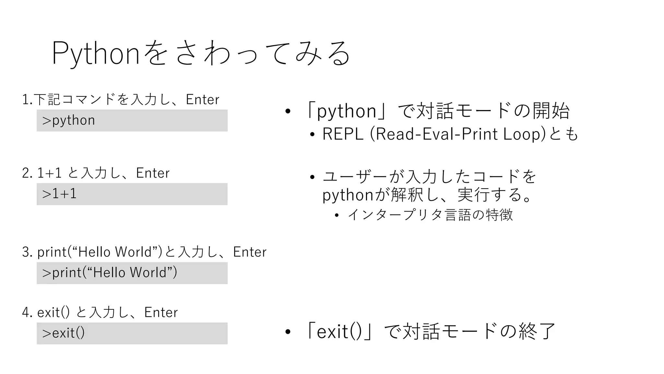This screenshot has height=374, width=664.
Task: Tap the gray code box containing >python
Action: coord(132,120)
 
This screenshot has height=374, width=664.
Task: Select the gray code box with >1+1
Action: coord(132,194)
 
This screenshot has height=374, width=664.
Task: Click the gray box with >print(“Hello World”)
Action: coord(132,273)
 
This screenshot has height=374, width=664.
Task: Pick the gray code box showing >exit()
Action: coord(132,333)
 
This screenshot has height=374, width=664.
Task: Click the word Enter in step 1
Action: coord(202,100)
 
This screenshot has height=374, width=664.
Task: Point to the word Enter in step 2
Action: coord(153,173)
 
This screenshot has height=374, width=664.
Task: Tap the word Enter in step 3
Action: coord(250,252)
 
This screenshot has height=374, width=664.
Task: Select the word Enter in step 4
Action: coord(161,312)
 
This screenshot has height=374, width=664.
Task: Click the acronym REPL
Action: coord(343,134)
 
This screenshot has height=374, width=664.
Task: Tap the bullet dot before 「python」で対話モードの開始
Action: coord(288,112)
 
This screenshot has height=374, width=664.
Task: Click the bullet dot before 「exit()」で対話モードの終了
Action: coord(288,332)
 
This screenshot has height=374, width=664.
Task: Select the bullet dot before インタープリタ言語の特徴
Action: coord(337,215)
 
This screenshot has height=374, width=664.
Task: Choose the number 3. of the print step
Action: coord(27,252)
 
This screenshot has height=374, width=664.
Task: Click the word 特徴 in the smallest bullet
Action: coord(499,215)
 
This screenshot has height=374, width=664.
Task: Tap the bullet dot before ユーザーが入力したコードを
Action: coord(312,177)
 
